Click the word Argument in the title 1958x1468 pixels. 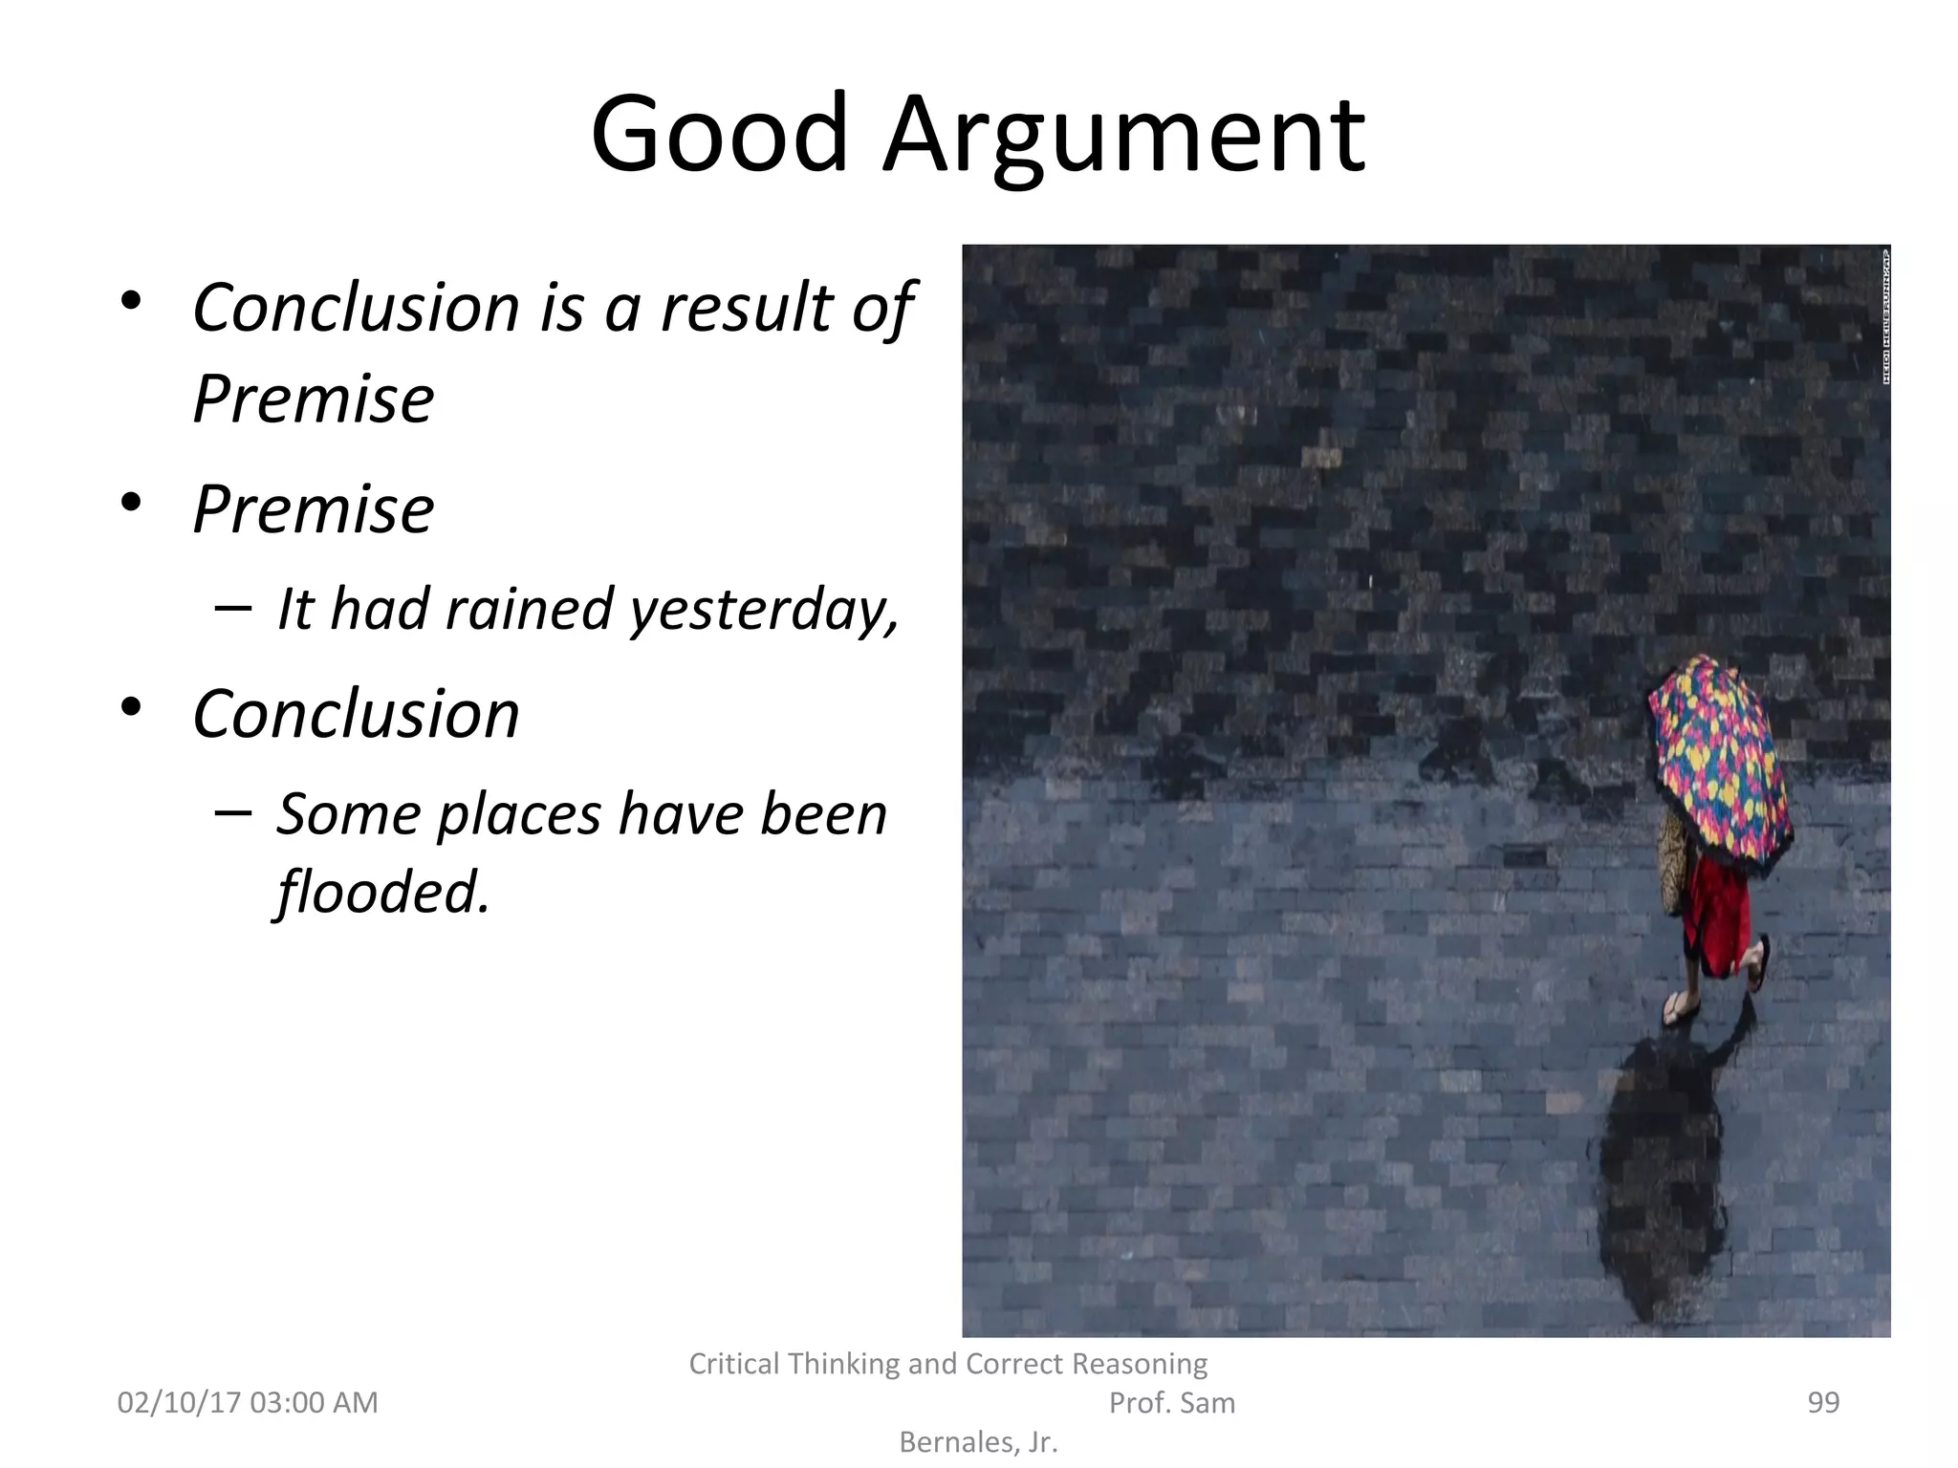1123,136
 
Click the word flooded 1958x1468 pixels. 382,892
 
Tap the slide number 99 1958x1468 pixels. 1823,1402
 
